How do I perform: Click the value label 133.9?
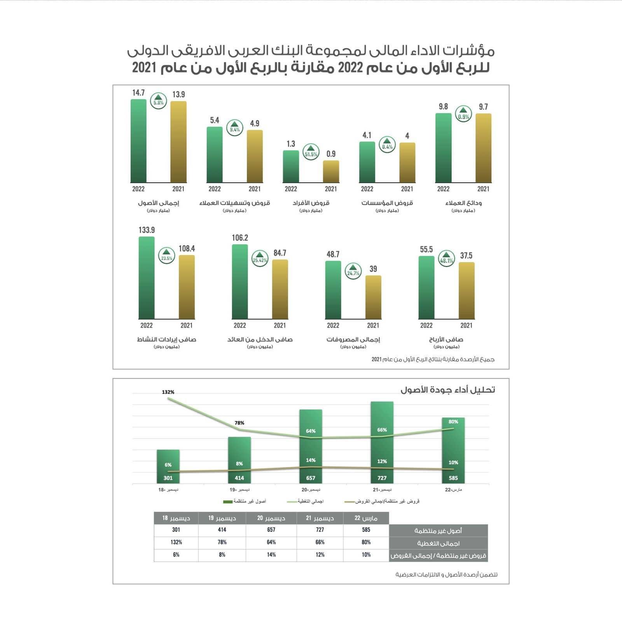click(x=147, y=230)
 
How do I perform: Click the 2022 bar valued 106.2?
click(x=240, y=282)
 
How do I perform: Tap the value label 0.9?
click(x=331, y=154)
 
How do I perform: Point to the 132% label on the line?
click(x=168, y=392)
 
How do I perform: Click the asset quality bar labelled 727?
click(x=382, y=443)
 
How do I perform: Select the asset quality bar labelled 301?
click(x=168, y=466)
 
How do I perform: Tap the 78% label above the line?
click(x=239, y=423)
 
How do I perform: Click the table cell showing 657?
click(x=271, y=530)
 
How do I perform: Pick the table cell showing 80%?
click(x=366, y=542)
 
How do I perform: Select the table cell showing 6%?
click(x=176, y=555)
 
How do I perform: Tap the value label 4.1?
click(x=367, y=135)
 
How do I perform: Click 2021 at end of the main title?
click(x=144, y=68)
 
